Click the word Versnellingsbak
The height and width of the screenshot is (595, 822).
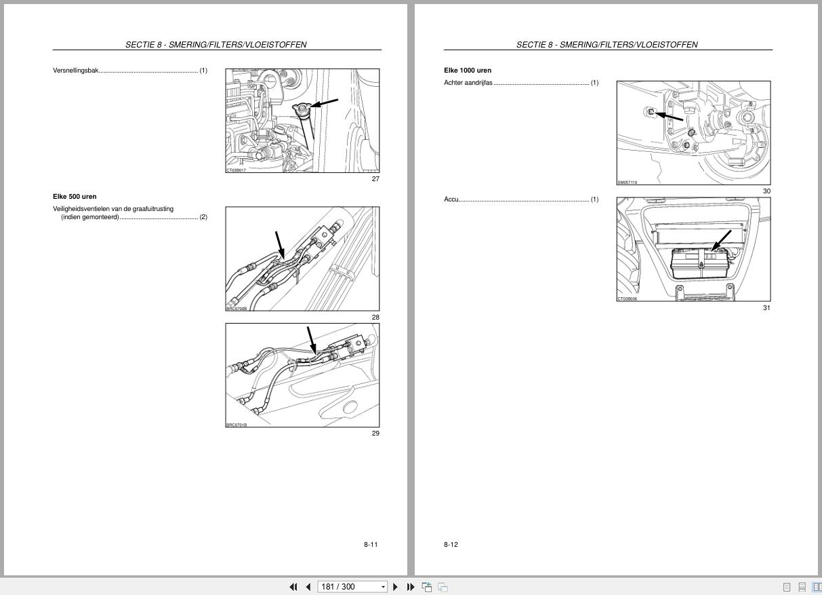[x=76, y=71]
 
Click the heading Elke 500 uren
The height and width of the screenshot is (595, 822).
[x=75, y=197]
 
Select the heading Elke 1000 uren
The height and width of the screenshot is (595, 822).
[x=468, y=71]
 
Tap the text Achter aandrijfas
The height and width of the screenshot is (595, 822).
[x=468, y=83]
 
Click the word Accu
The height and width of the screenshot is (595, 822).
[x=451, y=199]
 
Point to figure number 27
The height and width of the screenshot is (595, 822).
[x=375, y=179]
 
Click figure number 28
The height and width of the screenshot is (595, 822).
[x=375, y=318]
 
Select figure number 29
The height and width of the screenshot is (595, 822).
[x=375, y=434]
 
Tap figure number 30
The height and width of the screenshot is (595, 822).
[x=766, y=191]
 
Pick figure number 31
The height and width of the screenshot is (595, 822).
[x=766, y=308]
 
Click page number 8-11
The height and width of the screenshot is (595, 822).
[x=371, y=545]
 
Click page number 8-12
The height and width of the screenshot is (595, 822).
[x=451, y=545]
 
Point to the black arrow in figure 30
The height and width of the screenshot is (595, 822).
[x=670, y=117]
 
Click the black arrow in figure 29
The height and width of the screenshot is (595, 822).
[x=311, y=340]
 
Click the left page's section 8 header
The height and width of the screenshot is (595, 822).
[x=216, y=45]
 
